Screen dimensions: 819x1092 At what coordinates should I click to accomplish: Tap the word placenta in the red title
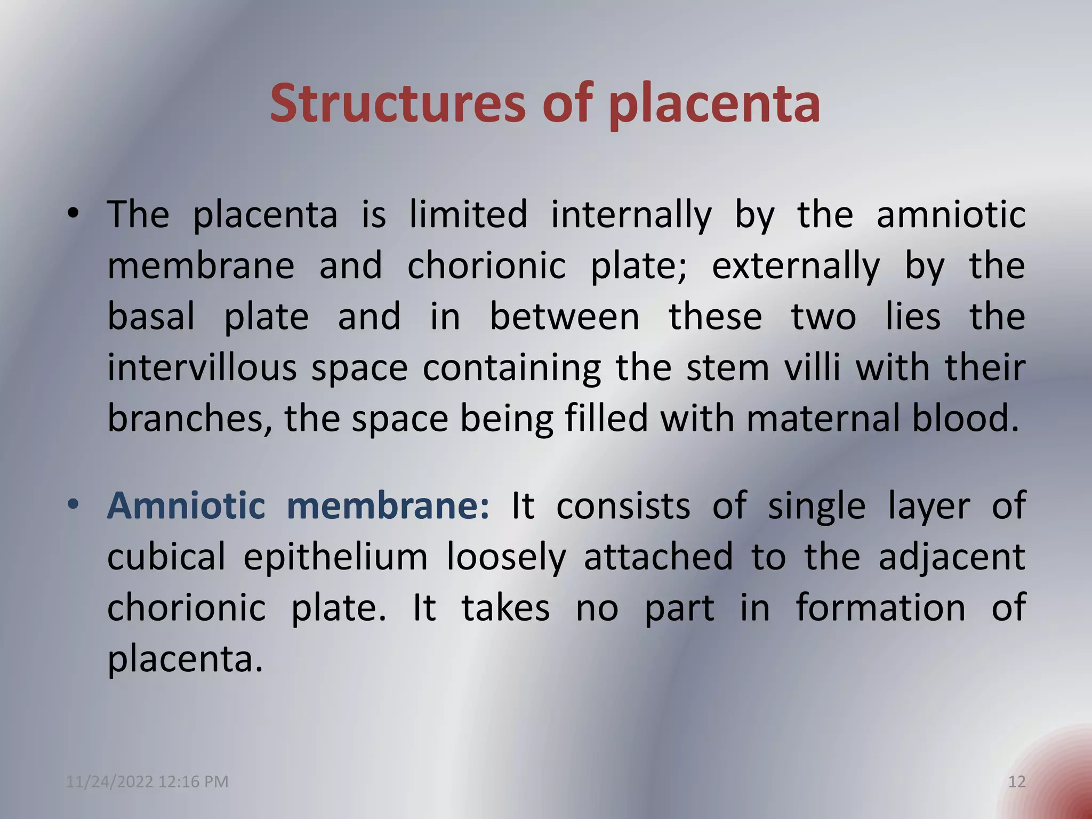tap(714, 105)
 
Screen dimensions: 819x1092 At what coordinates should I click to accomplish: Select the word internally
tap(631, 215)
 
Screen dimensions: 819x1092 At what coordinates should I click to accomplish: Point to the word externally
tap(796, 266)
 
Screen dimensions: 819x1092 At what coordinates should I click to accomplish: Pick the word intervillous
tap(202, 368)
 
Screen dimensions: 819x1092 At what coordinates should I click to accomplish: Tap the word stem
tap(728, 368)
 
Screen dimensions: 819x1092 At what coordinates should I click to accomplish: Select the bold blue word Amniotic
tap(186, 505)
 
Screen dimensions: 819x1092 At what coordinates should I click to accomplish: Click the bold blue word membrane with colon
tap(388, 505)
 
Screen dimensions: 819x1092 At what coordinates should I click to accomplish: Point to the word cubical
tap(166, 557)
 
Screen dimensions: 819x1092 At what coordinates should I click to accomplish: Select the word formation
tap(880, 608)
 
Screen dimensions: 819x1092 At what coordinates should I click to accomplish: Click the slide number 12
tap(1017, 782)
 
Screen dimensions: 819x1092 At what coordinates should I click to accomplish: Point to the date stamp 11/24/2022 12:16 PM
tap(147, 782)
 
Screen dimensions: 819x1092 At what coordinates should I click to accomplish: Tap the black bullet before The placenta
tap(73, 214)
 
